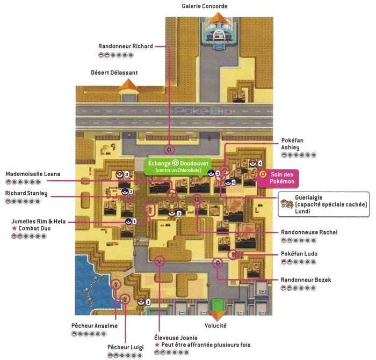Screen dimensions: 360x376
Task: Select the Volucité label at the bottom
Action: click(x=215, y=326)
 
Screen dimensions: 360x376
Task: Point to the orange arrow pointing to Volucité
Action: click(x=217, y=313)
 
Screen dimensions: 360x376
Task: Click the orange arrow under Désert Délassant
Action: click(x=128, y=85)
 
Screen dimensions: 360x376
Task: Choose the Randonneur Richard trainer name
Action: click(x=126, y=46)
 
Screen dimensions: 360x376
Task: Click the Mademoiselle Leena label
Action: click(x=33, y=174)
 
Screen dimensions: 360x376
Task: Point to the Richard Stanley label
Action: click(x=26, y=193)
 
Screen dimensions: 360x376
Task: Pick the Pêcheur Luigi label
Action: click(x=125, y=347)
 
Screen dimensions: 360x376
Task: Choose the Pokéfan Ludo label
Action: click(x=299, y=254)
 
